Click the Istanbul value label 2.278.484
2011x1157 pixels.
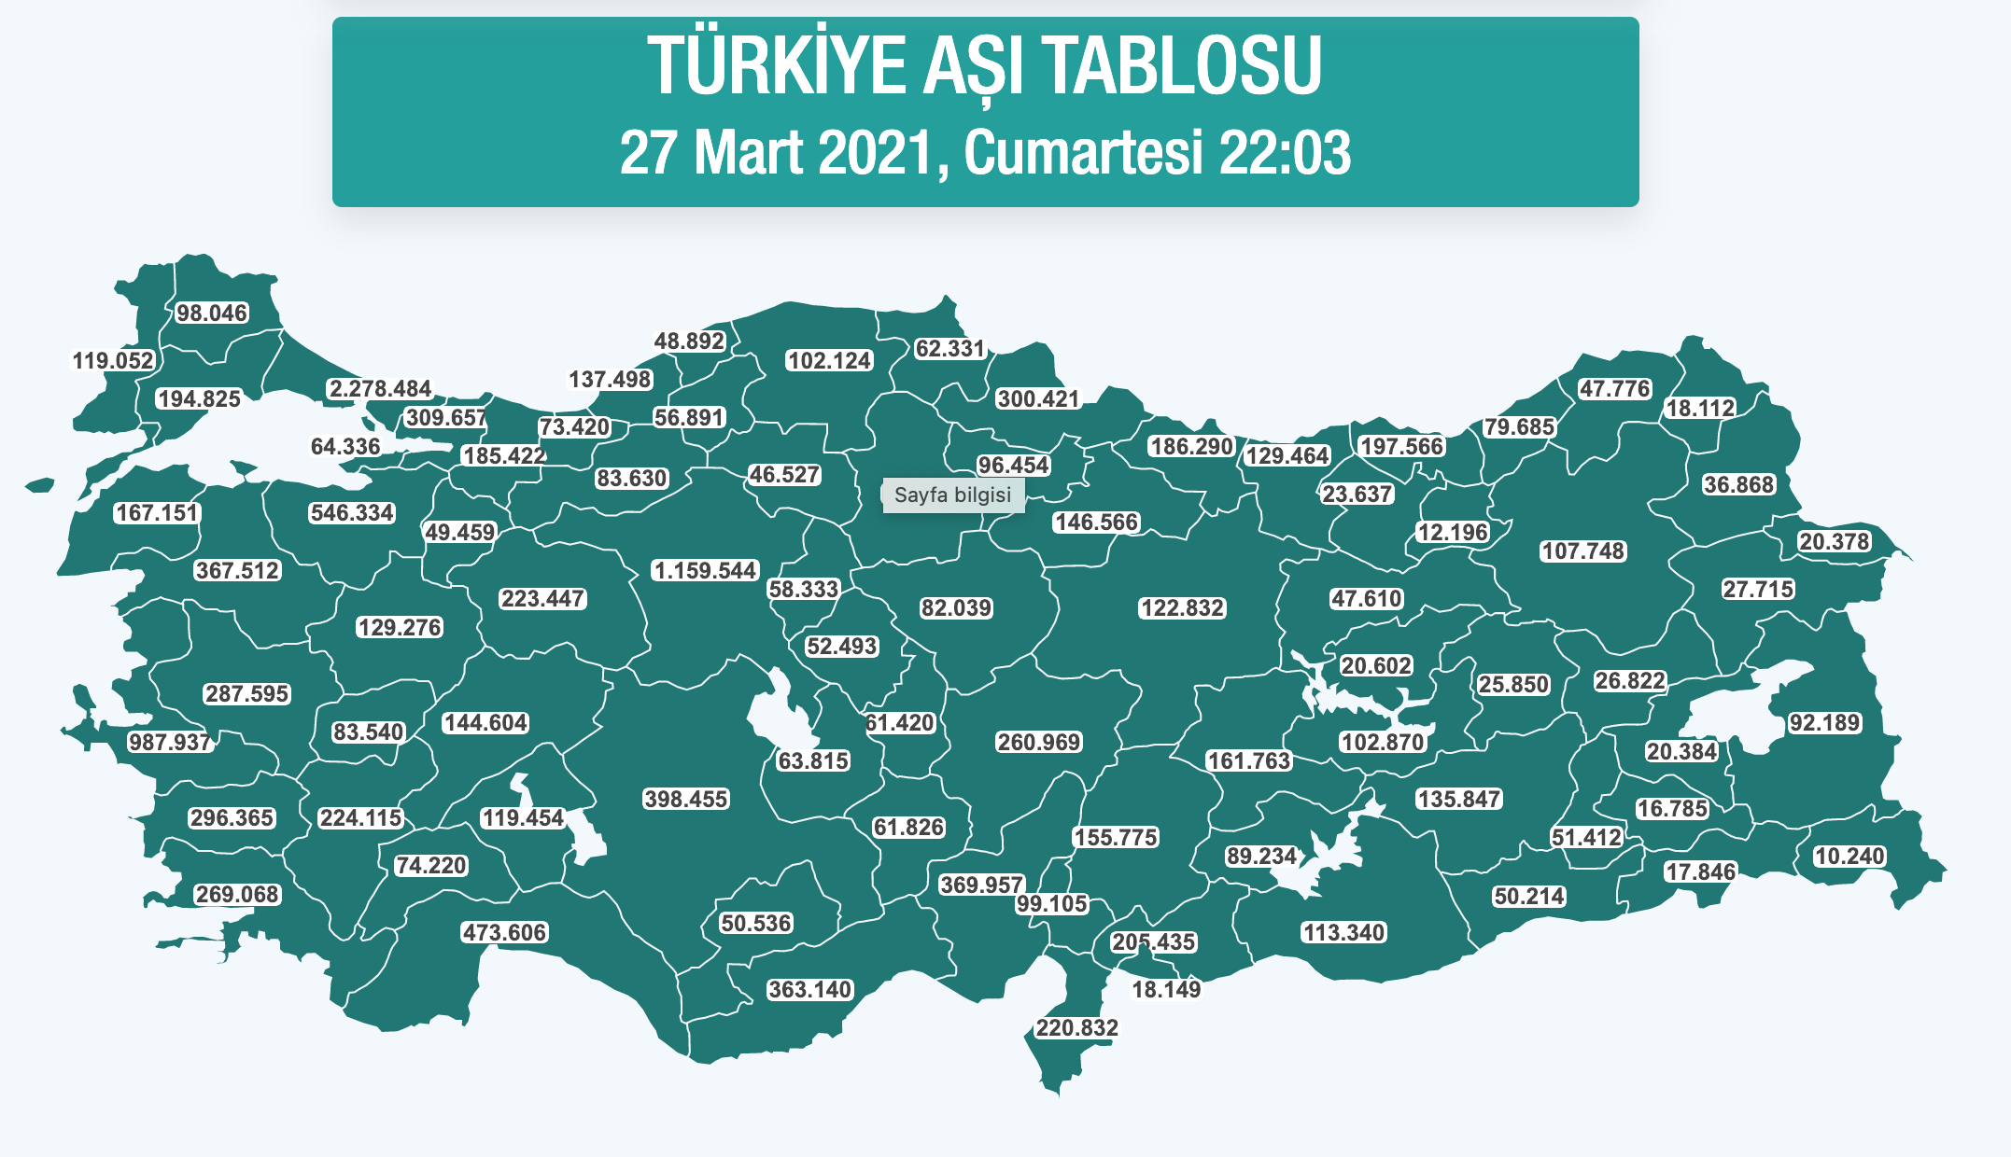380,388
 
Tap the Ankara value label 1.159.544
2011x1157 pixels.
705,570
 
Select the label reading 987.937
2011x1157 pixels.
170,742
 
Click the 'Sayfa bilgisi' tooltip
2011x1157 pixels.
952,495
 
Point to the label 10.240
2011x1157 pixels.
1849,856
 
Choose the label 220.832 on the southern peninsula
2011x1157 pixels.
1076,1027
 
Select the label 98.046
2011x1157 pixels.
212,313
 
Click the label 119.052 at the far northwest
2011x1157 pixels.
113,360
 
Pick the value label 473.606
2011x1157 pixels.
504,932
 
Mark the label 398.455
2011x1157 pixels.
685,799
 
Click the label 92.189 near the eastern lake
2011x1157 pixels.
1824,722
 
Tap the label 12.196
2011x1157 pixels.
1453,532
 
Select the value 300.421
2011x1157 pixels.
1038,398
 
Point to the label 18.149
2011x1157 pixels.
1166,989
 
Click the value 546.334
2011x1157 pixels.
352,512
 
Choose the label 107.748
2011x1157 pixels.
1583,551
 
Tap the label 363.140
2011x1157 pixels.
809,989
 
